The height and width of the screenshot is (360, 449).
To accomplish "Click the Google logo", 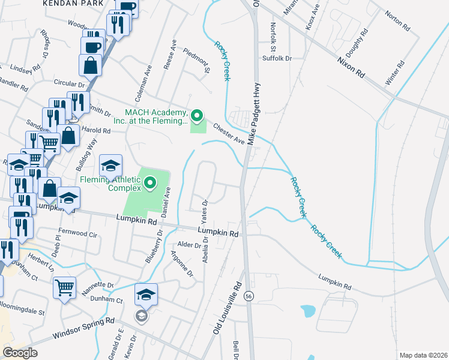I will [20, 353].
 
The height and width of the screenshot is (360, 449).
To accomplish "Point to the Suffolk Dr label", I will [276, 59].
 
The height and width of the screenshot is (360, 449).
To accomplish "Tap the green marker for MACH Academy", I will [197, 115].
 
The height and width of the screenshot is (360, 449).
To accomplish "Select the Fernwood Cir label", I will [77, 233].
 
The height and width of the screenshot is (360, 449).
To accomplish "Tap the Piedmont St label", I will [196, 61].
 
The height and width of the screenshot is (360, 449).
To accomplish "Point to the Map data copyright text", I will [424, 355].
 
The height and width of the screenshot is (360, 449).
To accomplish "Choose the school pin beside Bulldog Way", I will [111, 165].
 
